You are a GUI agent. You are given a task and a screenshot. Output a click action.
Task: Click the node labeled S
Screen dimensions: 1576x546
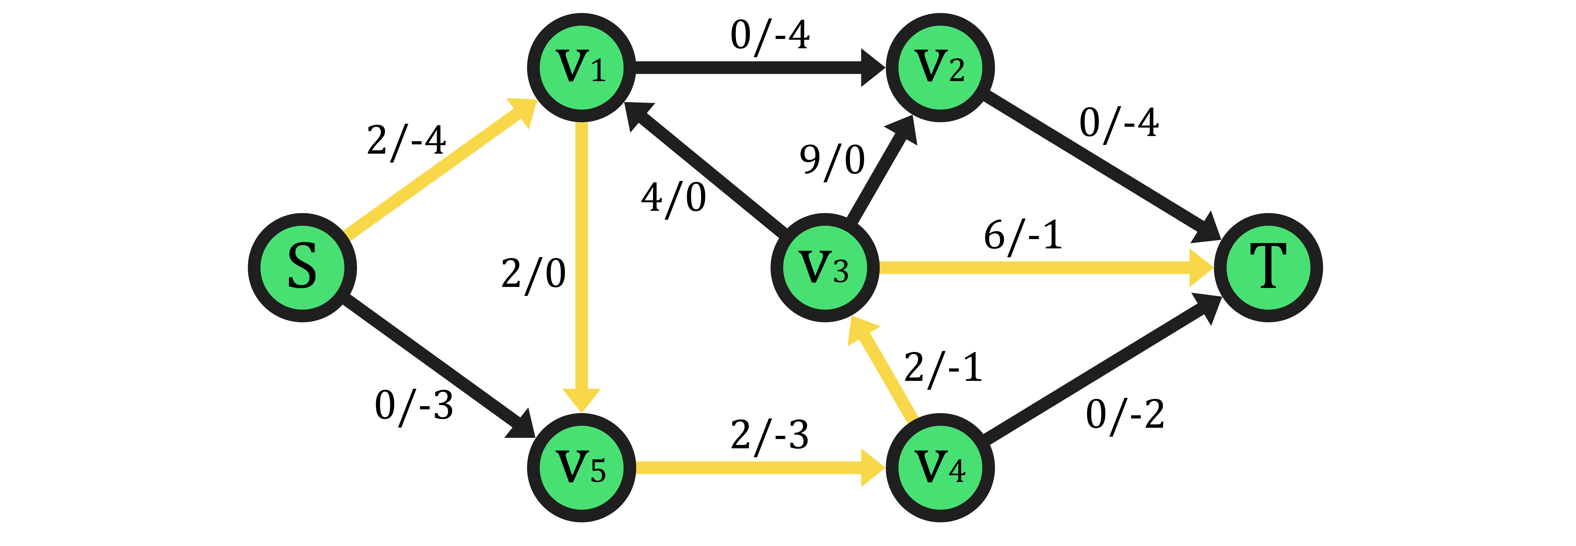302,268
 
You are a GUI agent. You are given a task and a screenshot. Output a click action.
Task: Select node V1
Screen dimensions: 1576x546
582,67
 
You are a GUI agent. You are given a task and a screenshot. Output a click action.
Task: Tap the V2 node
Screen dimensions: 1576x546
940,67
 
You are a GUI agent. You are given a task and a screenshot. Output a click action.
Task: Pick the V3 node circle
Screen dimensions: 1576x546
825,268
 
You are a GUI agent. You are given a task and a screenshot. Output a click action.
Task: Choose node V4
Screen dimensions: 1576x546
940,468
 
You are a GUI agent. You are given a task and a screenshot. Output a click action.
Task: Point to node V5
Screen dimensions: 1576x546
582,468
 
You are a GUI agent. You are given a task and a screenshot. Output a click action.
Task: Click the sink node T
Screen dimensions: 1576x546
1268,268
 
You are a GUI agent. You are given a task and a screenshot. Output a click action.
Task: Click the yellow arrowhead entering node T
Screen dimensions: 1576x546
1201,268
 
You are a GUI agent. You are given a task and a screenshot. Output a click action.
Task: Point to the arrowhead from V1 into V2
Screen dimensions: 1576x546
873,67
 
